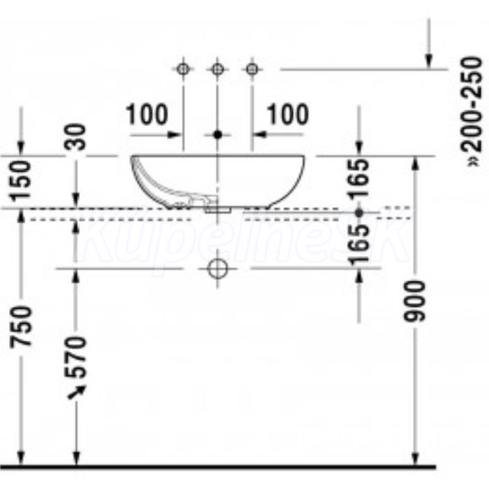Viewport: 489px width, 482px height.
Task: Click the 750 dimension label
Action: (21, 326)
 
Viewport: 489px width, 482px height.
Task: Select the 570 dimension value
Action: (75, 357)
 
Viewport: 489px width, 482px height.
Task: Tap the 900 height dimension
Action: (415, 300)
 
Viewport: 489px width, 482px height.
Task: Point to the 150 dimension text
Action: (20, 180)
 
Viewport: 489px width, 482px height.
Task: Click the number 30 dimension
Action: (74, 137)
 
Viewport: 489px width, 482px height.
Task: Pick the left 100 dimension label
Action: (147, 114)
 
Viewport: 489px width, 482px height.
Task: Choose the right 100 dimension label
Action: (288, 114)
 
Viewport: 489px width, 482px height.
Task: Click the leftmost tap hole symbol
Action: (183, 68)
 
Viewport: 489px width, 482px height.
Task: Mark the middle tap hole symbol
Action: (217, 68)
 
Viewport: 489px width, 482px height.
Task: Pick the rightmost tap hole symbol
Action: (252, 68)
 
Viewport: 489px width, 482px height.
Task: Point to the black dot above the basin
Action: (217, 134)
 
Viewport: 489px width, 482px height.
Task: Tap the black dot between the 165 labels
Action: (360, 213)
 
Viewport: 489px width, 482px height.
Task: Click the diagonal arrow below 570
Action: (77, 392)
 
